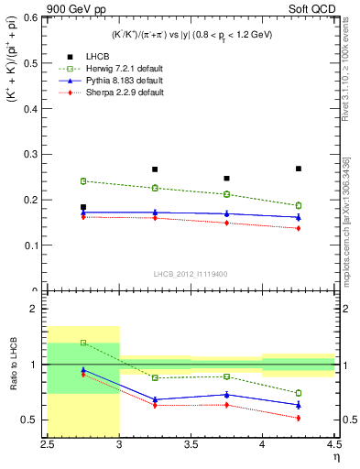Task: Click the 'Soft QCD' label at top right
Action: pos(313,8)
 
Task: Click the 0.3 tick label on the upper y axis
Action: pos(34,154)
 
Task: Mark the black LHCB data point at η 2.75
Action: pos(83,207)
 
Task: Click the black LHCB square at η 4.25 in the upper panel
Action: pos(298,169)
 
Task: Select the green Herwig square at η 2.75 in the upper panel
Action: pos(83,181)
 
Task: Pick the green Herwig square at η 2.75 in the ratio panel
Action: pos(83,343)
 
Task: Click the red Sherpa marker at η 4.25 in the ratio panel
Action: pos(298,418)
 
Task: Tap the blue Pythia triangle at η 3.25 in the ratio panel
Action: pos(155,399)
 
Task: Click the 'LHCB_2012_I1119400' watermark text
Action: pos(190,274)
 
